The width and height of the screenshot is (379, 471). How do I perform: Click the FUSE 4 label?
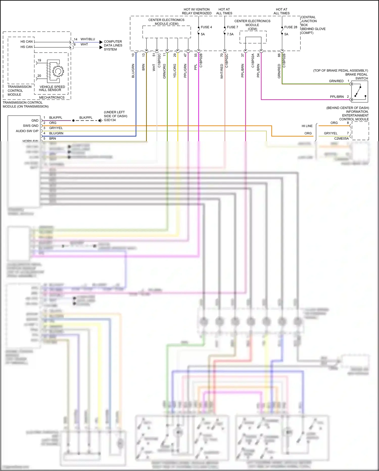(206, 27)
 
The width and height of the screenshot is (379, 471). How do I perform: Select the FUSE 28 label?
(291, 27)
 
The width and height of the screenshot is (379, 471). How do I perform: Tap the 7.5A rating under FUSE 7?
(230, 34)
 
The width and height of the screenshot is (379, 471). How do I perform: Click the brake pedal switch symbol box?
(360, 91)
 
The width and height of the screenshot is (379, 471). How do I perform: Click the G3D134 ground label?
(110, 120)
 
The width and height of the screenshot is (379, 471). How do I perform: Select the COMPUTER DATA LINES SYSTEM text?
(113, 45)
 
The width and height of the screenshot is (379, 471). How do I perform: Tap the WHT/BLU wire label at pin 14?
(88, 39)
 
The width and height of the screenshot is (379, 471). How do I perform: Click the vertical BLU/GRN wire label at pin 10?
(133, 71)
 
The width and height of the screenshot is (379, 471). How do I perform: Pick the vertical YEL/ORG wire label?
(175, 71)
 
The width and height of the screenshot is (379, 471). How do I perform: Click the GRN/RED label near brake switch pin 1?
(336, 81)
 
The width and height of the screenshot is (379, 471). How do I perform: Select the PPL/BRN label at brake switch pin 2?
(337, 97)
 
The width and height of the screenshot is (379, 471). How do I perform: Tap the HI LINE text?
(307, 126)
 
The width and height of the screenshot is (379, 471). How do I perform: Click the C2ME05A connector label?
(341, 138)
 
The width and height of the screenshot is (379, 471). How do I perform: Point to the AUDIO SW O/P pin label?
(27, 131)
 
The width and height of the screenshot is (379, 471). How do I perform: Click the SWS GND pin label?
(31, 126)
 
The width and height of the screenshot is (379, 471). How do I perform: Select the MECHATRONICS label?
(52, 97)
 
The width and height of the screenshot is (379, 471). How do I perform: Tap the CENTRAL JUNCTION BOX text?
(309, 21)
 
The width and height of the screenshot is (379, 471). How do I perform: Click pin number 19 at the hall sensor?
(39, 60)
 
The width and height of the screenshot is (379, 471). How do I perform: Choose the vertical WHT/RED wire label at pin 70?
(222, 71)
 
